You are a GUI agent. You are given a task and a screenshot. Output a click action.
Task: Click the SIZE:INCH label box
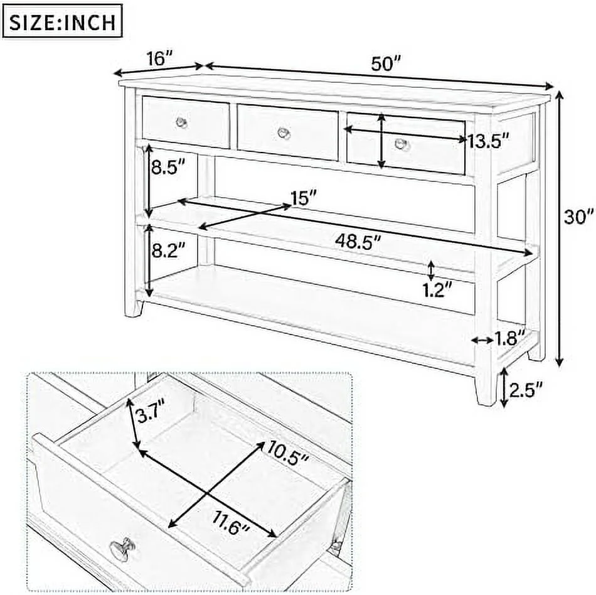(62, 21)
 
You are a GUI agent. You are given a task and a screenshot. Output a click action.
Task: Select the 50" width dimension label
(386, 63)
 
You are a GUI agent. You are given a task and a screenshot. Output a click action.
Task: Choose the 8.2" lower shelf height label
(168, 250)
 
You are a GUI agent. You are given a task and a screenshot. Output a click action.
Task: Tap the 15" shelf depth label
(304, 198)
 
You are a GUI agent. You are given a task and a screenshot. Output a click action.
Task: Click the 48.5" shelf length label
(358, 241)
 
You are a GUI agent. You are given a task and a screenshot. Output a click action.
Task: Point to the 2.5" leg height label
(526, 389)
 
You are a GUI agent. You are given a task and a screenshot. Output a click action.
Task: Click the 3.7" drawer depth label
(151, 414)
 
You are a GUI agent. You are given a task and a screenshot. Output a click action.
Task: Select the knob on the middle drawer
(284, 132)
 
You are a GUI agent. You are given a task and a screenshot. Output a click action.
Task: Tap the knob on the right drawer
(400, 144)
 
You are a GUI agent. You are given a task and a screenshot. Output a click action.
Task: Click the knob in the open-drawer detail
(121, 547)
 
